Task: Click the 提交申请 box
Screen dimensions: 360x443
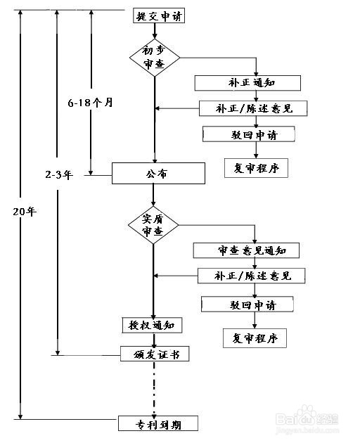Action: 159,15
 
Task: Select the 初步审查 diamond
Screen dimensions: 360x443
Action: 155,58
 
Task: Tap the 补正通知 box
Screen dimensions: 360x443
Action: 247,83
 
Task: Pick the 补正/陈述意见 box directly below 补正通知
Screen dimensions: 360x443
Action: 253,108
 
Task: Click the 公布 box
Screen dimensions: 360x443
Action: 158,173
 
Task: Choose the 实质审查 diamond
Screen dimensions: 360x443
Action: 153,225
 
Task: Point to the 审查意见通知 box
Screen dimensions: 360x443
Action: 246,250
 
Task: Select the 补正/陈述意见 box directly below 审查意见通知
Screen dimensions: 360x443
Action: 252,276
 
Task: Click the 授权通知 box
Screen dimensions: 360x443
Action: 152,325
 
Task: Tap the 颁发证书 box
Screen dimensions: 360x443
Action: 155,354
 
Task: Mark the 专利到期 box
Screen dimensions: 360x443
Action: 158,423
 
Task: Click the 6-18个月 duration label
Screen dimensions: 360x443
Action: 91,102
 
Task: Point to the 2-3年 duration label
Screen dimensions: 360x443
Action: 59,174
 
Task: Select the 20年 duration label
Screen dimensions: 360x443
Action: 25,212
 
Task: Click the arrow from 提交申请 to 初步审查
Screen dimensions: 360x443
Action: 155,31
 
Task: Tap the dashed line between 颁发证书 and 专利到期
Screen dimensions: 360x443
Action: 154,389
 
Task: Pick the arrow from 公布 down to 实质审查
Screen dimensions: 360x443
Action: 153,195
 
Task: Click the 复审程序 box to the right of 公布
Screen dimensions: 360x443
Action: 257,168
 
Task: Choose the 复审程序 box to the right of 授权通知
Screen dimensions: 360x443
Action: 255,338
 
